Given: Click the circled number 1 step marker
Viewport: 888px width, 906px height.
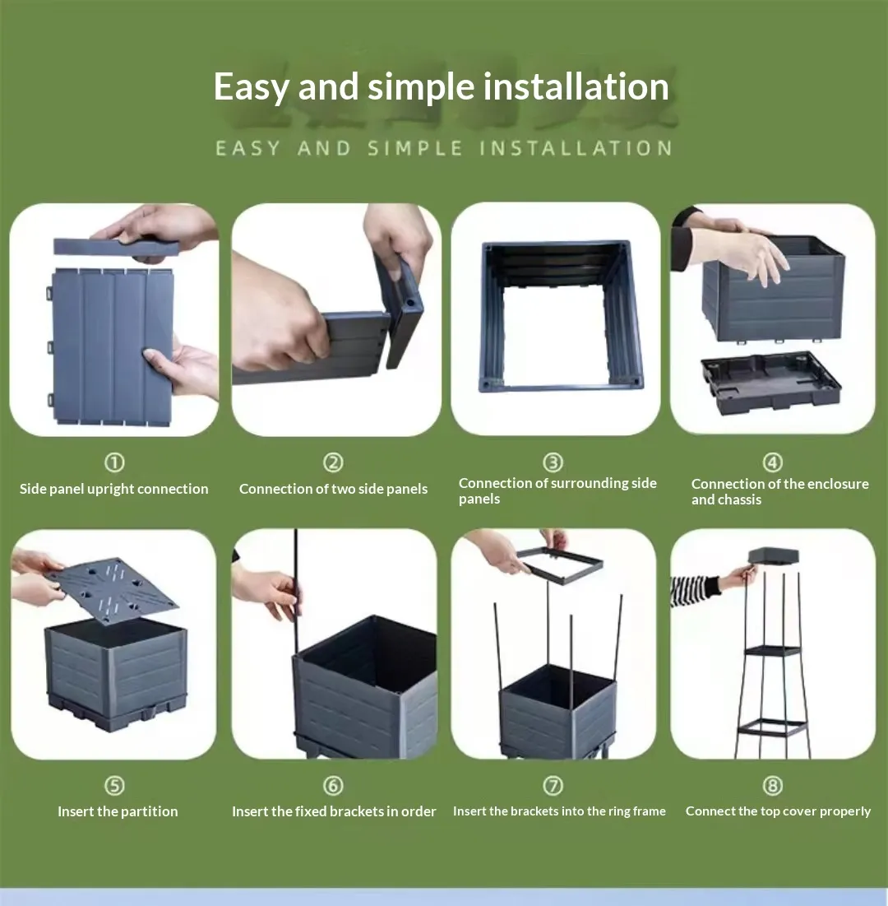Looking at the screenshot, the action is pos(114,462).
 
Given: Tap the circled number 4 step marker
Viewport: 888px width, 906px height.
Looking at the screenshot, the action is pos(773,462).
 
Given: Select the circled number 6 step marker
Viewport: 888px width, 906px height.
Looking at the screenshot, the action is pos(333,785).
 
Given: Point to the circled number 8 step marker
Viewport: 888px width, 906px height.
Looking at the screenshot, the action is pos(773,785).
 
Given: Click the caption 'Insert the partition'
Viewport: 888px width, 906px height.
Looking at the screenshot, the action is pos(118,811).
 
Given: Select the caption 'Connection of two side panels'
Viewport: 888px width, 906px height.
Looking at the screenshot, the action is pos(333,489).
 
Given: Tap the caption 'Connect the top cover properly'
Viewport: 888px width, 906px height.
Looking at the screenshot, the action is pos(778,811).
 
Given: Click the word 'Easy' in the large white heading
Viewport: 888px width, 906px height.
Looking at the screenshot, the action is pos(251,86).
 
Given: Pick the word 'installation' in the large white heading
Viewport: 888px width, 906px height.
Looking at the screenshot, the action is pos(576,86).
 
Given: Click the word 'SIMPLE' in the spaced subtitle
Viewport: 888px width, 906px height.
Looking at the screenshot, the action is pos(415,148).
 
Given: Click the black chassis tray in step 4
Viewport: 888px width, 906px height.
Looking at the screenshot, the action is pos(770,382).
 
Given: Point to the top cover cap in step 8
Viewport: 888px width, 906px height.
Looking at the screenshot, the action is pos(774,555).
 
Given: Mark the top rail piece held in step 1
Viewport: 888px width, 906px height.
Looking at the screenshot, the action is pos(116,248).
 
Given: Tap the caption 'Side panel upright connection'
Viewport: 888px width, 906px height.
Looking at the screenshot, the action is pos(113,489).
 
